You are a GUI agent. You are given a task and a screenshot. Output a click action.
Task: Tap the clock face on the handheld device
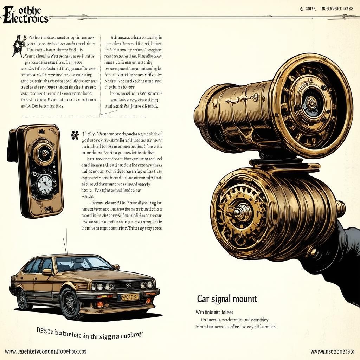coord(45,183)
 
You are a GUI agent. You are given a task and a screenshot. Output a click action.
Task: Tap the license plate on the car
coord(129,297)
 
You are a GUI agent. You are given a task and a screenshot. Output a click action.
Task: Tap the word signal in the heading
coord(221,300)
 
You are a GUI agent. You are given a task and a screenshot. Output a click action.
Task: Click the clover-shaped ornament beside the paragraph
coord(74,135)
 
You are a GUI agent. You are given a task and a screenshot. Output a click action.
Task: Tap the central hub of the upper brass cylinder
coord(311,102)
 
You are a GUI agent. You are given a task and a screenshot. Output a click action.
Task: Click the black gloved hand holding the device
coord(343,250)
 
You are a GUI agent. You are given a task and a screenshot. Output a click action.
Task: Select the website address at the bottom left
coord(45,351)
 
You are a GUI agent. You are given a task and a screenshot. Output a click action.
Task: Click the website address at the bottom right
coord(332,351)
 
